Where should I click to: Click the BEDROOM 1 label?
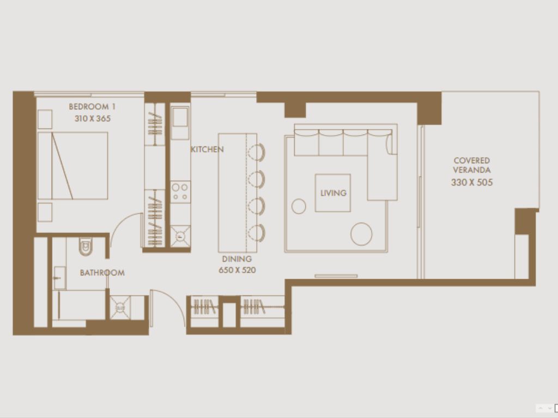[x=92, y=107]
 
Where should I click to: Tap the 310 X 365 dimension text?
[x=92, y=118]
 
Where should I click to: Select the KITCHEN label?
[x=207, y=149]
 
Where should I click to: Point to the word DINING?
[x=237, y=260]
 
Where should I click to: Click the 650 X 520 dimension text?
[x=237, y=270]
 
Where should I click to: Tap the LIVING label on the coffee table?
[x=333, y=193]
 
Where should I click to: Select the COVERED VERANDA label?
[x=471, y=165]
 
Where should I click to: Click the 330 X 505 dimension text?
[x=471, y=183]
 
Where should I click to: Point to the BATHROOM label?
[x=102, y=273]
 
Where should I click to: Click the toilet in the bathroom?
[x=87, y=247]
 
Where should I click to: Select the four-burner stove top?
[x=180, y=192]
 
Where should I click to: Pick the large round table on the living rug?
[x=361, y=234]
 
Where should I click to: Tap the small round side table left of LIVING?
[x=299, y=206]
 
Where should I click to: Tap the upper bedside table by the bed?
[x=45, y=119]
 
